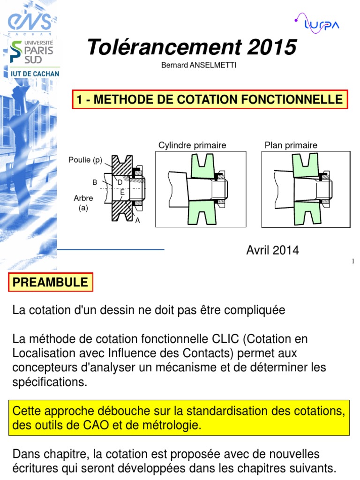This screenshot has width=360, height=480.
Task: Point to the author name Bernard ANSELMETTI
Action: (199, 65)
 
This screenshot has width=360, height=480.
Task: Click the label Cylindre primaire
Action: (192, 145)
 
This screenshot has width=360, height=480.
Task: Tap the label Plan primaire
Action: (291, 145)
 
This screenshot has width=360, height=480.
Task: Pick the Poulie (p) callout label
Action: (85, 159)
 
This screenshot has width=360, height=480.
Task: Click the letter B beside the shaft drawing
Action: (94, 182)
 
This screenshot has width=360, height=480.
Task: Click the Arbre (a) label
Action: (83, 202)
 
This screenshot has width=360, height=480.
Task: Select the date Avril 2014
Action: (272, 250)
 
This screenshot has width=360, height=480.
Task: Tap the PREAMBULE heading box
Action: (50, 282)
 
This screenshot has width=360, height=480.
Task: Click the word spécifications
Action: (49, 382)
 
